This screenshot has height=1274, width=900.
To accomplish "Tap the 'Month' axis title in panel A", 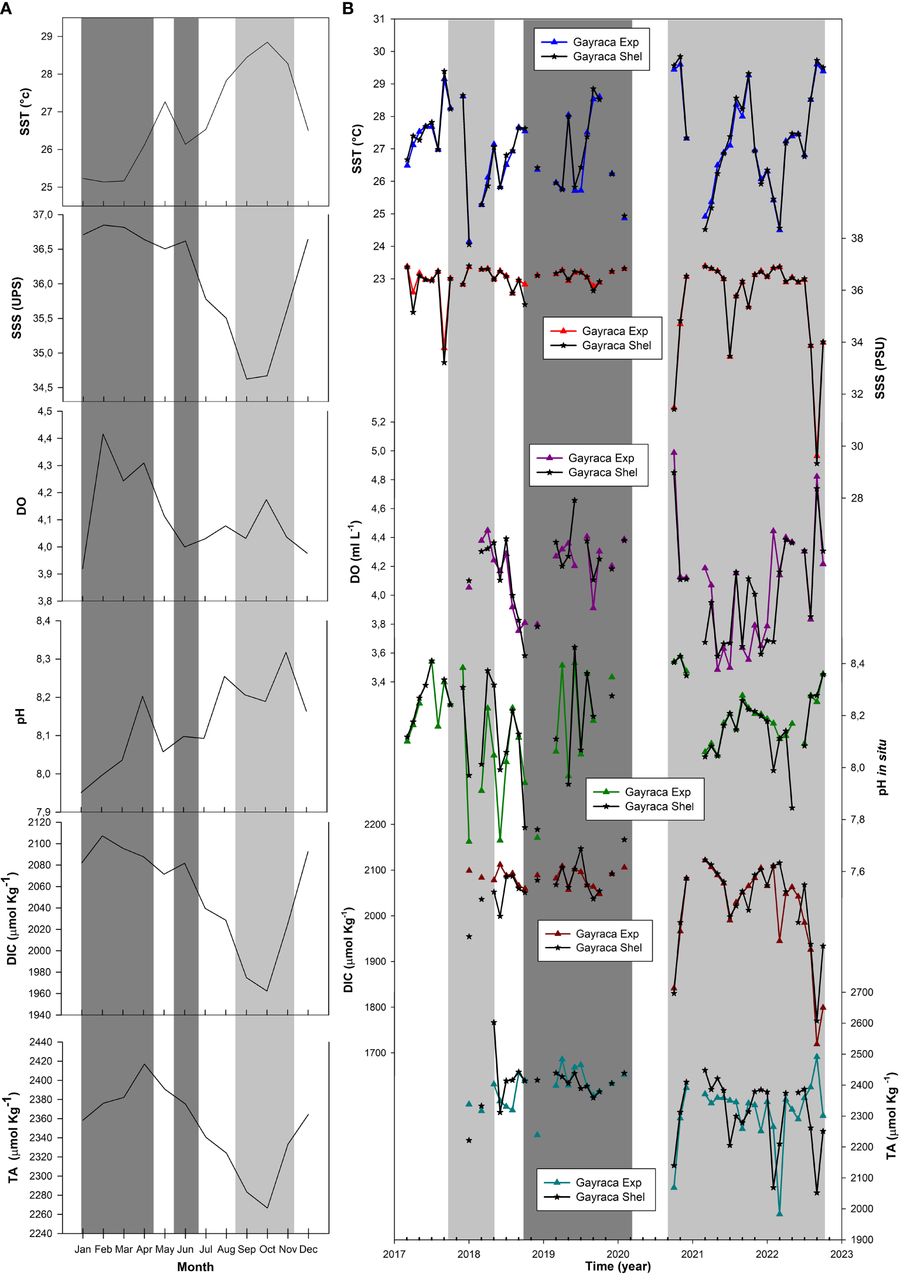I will tap(195, 1266).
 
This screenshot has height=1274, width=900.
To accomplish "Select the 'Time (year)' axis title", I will tap(618, 1266).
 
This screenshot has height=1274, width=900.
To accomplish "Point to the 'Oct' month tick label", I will tap(267, 1249).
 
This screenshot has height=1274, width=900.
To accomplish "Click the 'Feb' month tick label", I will tap(103, 1249).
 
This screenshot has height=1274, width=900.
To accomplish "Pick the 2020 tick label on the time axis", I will tap(618, 1253).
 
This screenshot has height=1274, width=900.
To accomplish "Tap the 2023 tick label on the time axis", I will tap(841, 1253).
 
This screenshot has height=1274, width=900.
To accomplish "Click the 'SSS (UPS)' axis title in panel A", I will tap(16, 308).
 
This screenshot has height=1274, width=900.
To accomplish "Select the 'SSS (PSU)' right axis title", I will tap(879, 368).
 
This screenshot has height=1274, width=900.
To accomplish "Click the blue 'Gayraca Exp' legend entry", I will tap(605, 42).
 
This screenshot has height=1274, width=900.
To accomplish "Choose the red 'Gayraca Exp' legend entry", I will tap(615, 331).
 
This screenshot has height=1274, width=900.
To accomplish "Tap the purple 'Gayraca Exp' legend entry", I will tap(601, 458).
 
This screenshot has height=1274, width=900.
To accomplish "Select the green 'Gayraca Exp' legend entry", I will tap(657, 792).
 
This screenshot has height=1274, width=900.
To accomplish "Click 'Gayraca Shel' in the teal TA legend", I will tap(609, 1197).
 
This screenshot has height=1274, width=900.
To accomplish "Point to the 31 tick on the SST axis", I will tap(379, 19).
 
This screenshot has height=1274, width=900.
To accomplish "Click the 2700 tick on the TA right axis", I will tap(861, 992).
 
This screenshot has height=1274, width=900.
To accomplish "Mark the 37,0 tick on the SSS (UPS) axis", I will tap(42, 215).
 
